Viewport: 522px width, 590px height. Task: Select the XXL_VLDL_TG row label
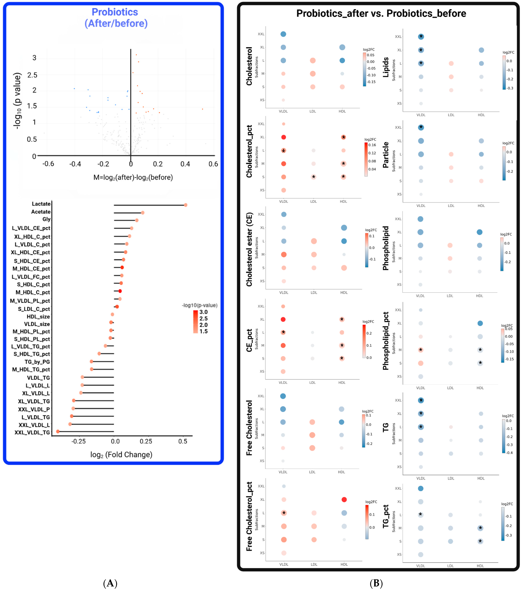(32, 432)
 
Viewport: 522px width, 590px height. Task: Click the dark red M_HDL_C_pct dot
(120, 291)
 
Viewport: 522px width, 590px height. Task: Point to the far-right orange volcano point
(202, 109)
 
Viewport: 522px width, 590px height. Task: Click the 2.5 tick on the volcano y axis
(32, 75)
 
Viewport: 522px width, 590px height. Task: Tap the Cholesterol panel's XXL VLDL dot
(283, 34)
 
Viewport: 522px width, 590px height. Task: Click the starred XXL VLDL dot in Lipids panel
(421, 37)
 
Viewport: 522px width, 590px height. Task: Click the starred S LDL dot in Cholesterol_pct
(314, 177)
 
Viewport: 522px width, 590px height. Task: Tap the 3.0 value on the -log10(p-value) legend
(204, 312)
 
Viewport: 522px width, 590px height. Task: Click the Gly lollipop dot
(137, 220)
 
